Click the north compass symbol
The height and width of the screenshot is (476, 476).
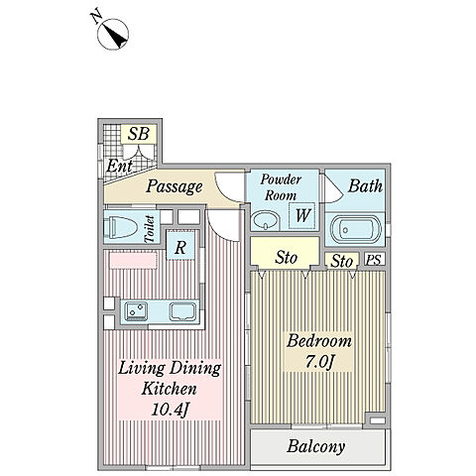(113, 34)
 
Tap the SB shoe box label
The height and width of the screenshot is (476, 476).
(139, 134)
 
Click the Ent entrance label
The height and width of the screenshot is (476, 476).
(120, 166)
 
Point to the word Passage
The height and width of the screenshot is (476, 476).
(174, 186)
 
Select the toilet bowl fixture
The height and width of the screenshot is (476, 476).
(120, 227)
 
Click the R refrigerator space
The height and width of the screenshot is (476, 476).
(180, 247)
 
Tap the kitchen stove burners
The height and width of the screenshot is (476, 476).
(136, 311)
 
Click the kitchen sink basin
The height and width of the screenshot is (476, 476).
(182, 311)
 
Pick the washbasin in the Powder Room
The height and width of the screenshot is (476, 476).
(266, 221)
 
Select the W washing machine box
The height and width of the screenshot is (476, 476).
(301, 216)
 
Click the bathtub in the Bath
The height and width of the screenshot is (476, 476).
(356, 229)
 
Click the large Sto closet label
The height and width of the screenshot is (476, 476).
(287, 258)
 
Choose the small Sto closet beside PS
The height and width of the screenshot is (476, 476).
(341, 261)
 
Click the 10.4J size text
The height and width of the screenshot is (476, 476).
(171, 410)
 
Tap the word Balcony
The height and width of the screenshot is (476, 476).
(315, 446)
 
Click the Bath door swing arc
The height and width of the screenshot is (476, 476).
(334, 189)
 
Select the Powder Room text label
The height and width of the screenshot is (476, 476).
(281, 187)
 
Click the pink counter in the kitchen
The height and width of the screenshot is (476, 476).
(133, 261)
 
